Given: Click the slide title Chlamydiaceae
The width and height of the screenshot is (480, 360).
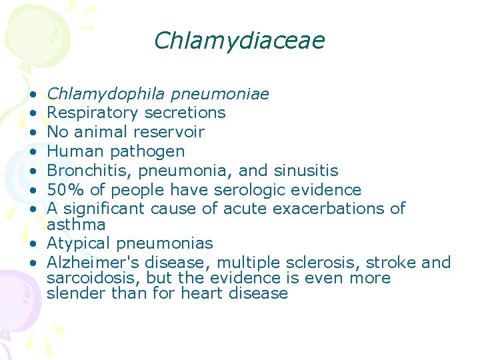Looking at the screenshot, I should tap(239, 41).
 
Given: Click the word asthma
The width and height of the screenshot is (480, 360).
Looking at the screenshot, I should tap(76, 225).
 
